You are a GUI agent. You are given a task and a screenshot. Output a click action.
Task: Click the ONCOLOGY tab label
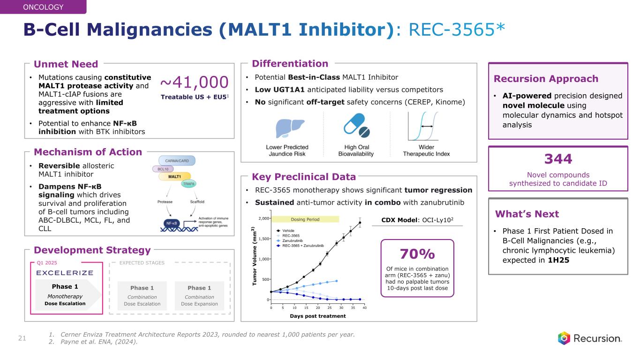click(x=43, y=7)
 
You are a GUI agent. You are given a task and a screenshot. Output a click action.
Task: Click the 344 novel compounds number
click(x=558, y=159)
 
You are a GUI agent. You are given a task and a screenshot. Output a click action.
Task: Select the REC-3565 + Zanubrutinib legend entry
click(x=307, y=245)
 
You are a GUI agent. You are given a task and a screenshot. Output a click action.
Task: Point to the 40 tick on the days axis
click(x=365, y=307)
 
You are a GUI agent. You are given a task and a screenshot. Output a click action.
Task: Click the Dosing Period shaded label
click(x=305, y=219)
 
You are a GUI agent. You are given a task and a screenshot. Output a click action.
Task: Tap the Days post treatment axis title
click(x=317, y=316)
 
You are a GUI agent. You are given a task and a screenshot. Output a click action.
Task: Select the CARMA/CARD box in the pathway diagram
click(x=177, y=160)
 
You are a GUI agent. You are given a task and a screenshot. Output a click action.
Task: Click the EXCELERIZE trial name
click(x=65, y=273)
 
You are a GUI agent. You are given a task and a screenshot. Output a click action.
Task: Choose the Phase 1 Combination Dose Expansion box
click(x=199, y=295)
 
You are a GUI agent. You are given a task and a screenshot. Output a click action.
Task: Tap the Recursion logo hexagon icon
click(x=564, y=338)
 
